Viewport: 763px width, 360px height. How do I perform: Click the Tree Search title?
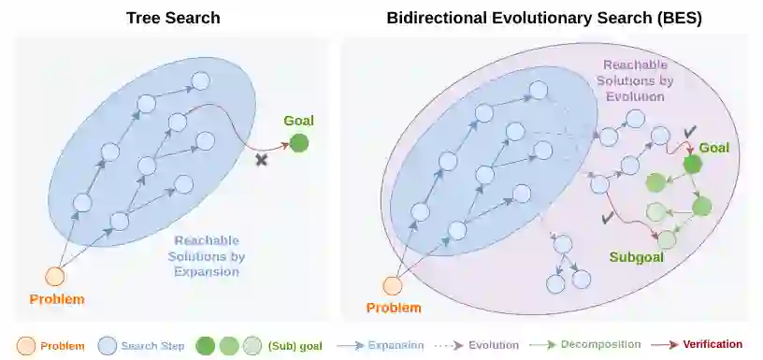(x=173, y=18)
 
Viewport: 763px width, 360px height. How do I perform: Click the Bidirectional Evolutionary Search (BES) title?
(x=544, y=18)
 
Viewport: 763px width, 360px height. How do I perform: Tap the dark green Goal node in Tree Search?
(x=299, y=143)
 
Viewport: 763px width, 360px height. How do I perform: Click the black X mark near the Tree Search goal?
(x=261, y=159)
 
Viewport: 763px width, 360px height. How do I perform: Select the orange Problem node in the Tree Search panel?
(x=55, y=277)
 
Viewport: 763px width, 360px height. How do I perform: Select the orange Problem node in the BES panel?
(x=392, y=285)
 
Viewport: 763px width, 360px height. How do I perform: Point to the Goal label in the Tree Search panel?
(x=299, y=121)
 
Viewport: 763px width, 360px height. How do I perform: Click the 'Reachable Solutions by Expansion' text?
(x=207, y=256)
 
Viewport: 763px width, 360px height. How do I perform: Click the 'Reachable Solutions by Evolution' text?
(x=635, y=80)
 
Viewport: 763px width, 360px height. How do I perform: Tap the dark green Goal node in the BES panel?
(x=692, y=165)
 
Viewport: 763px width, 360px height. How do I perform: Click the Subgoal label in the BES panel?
(x=637, y=257)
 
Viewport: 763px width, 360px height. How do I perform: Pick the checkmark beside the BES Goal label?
(x=689, y=132)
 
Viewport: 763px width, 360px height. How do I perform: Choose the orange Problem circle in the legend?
(x=26, y=346)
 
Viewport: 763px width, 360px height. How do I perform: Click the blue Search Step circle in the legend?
(x=107, y=346)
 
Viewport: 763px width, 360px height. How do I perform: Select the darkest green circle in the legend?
(x=205, y=346)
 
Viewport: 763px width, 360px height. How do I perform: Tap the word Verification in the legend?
(x=713, y=344)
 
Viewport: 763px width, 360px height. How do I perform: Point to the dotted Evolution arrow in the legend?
(x=450, y=345)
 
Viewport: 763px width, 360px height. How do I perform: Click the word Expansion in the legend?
(x=396, y=345)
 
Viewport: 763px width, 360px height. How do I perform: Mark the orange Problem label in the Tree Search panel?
(x=57, y=299)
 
